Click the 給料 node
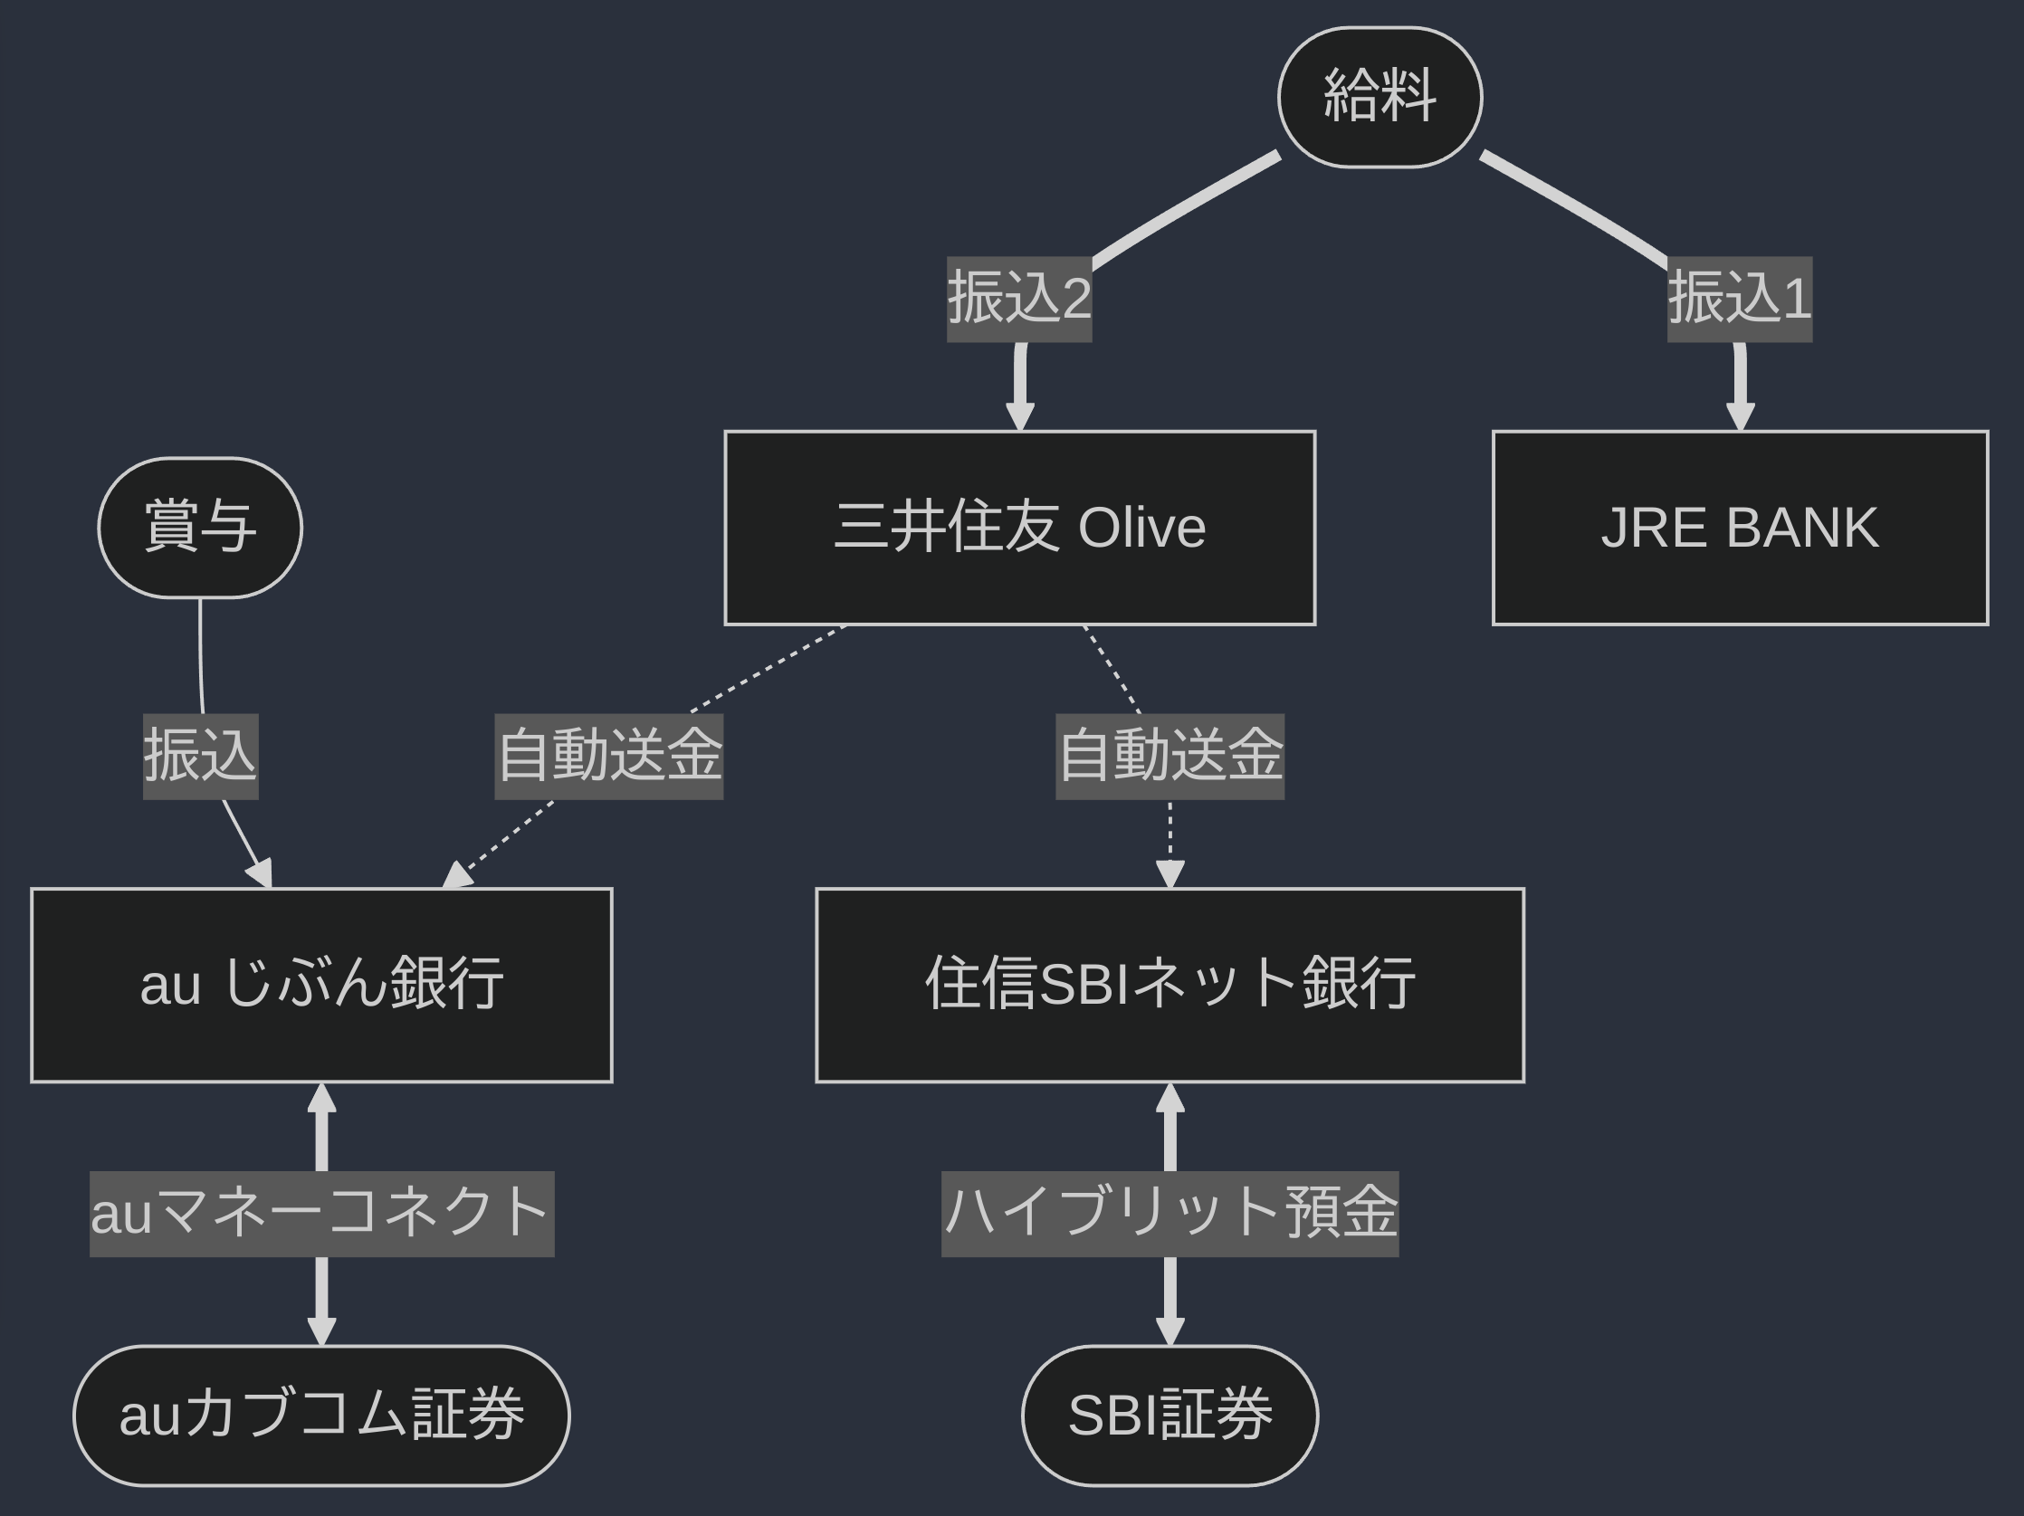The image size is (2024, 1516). click(x=1379, y=97)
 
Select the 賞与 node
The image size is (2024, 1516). click(x=199, y=528)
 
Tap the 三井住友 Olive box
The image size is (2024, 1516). click(x=1019, y=528)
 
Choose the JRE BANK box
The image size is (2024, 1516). click(x=1740, y=528)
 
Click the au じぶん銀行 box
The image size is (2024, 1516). click(x=321, y=985)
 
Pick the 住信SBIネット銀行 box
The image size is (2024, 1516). click(x=1170, y=985)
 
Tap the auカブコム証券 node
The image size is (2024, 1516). click(x=321, y=1415)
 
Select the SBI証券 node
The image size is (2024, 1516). click(x=1170, y=1415)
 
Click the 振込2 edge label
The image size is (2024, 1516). click(x=1019, y=299)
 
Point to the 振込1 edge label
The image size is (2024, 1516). click(x=1740, y=299)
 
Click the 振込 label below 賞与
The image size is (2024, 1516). click(x=200, y=756)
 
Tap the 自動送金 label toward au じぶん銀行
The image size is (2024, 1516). click(x=608, y=756)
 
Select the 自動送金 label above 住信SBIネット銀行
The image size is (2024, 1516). click(x=1170, y=756)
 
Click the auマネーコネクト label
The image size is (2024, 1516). click(x=321, y=1213)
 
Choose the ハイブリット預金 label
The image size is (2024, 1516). click(x=1170, y=1213)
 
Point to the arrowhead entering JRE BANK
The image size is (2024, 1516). click(x=1740, y=417)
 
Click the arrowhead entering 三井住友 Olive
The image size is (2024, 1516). click(x=1019, y=417)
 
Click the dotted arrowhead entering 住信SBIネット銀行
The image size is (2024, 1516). click(x=1170, y=874)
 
